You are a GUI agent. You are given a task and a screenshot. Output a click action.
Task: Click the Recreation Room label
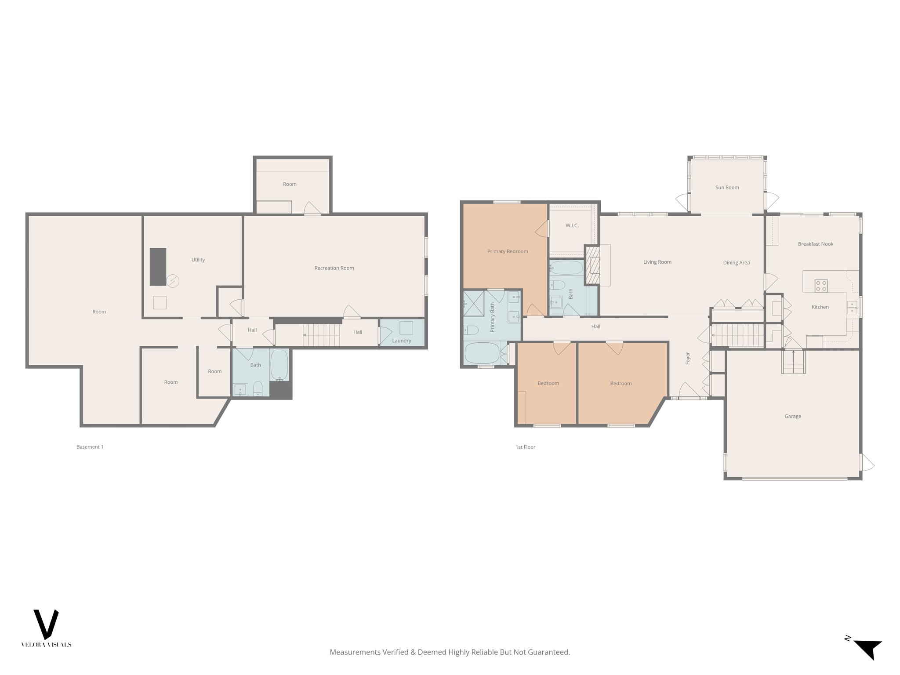pyautogui.click(x=334, y=268)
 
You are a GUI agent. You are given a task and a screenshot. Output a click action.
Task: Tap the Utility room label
pyautogui.click(x=198, y=260)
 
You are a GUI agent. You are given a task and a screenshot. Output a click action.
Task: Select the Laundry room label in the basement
pyautogui.click(x=401, y=341)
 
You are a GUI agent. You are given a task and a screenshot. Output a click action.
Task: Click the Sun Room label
pyautogui.click(x=727, y=188)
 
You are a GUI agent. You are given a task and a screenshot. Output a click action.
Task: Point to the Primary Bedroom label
pyautogui.click(x=507, y=251)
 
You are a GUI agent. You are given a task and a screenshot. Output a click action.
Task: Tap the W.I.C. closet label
pyautogui.click(x=572, y=225)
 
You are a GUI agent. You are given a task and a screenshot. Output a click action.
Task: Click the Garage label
pyautogui.click(x=792, y=416)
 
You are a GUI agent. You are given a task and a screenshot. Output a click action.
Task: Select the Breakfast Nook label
pyautogui.click(x=815, y=244)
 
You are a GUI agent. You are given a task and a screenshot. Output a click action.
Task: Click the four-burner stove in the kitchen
pyautogui.click(x=821, y=286)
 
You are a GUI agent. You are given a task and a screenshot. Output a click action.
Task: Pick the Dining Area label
pyautogui.click(x=736, y=263)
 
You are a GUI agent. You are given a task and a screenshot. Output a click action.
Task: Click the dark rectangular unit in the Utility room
pyautogui.click(x=158, y=267)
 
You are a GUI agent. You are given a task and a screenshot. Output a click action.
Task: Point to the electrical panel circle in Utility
pyautogui.click(x=173, y=280)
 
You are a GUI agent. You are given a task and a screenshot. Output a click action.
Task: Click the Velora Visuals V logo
pyautogui.click(x=46, y=624)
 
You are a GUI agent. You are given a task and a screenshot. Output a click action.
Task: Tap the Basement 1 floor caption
pyautogui.click(x=90, y=447)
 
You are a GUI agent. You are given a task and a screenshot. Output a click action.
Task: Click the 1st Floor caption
pyautogui.click(x=525, y=447)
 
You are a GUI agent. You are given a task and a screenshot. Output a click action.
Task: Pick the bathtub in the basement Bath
pyautogui.click(x=279, y=365)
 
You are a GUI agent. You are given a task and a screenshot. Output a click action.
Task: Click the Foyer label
pyautogui.click(x=688, y=358)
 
